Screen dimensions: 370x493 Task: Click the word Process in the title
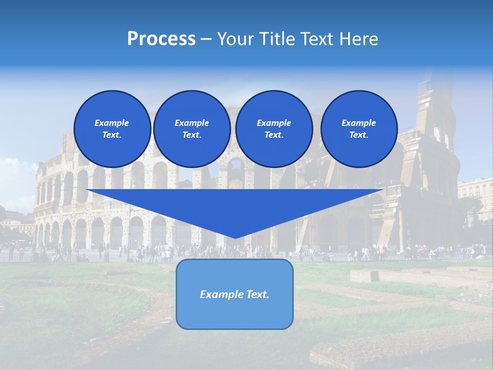tap(161, 39)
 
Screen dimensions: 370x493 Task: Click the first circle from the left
tap(112, 129)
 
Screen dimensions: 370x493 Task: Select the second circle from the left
tap(192, 129)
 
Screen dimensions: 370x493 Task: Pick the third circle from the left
tap(274, 129)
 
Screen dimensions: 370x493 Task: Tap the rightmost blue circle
tap(358, 129)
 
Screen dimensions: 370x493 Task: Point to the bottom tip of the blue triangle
tap(235, 238)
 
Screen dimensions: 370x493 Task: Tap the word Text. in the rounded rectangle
tap(257, 294)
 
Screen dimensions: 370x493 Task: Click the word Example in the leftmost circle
tap(112, 123)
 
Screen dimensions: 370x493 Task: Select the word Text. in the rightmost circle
tap(358, 135)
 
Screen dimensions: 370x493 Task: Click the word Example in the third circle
tap(274, 123)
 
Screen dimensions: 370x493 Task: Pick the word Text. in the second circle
tap(192, 135)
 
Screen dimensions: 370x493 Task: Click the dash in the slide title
tap(206, 39)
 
